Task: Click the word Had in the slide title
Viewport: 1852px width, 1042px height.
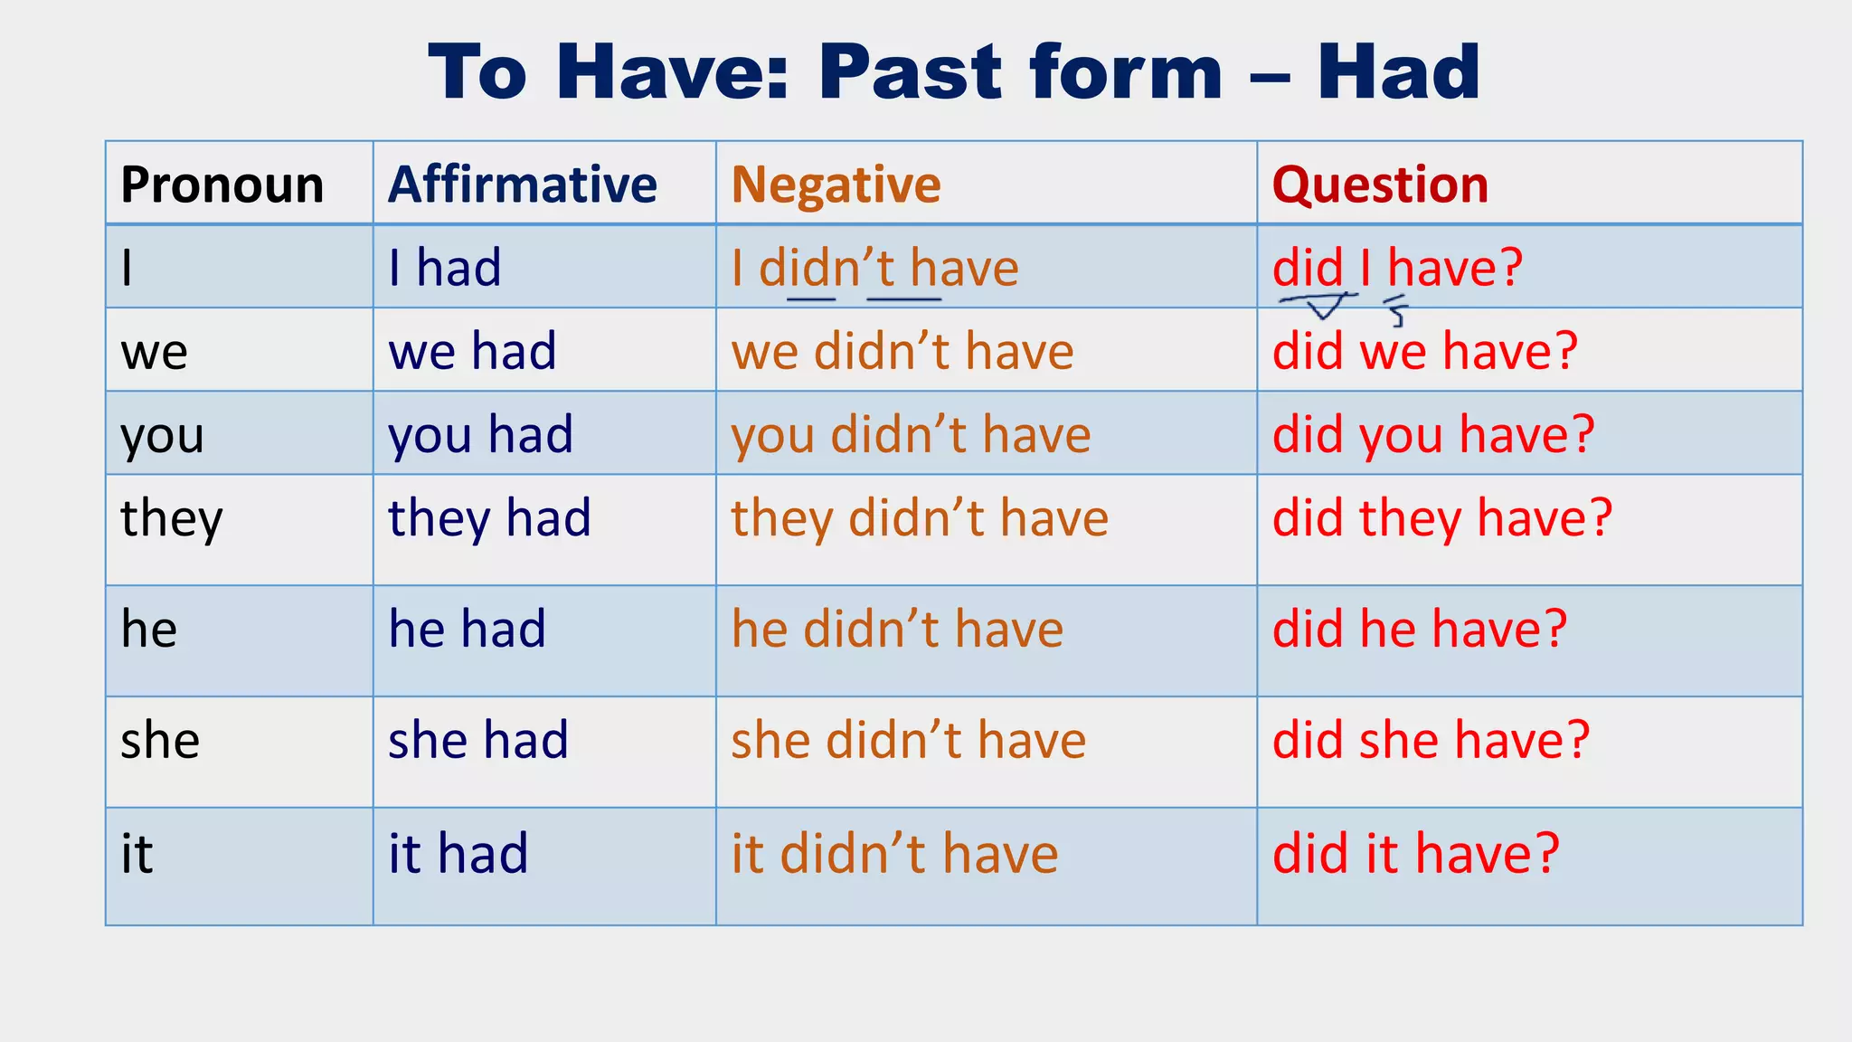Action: click(1398, 72)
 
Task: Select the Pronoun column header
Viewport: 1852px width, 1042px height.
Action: click(222, 185)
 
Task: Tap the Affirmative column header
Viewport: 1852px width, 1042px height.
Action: click(523, 185)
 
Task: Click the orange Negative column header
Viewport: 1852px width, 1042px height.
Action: click(836, 185)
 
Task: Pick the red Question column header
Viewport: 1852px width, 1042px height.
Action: click(1380, 185)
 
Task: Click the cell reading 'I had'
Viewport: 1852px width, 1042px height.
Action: click(445, 269)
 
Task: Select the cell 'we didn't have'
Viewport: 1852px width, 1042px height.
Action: click(902, 351)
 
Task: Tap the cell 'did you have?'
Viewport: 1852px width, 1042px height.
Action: click(1433, 435)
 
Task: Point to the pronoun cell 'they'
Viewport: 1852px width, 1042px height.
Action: click(172, 519)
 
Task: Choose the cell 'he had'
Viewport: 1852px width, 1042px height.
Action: click(468, 629)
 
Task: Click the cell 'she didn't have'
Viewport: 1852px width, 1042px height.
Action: click(908, 740)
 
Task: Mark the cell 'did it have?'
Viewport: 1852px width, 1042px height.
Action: click(1416, 853)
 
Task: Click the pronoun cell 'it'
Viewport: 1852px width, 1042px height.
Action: click(137, 853)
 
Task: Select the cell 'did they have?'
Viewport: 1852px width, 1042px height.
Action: click(1442, 519)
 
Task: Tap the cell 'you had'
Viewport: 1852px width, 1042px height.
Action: click(481, 435)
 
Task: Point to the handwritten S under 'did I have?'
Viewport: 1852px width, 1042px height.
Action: click(1398, 313)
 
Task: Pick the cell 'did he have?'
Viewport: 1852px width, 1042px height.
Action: click(1420, 629)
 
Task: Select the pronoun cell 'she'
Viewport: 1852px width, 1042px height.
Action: click(160, 740)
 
